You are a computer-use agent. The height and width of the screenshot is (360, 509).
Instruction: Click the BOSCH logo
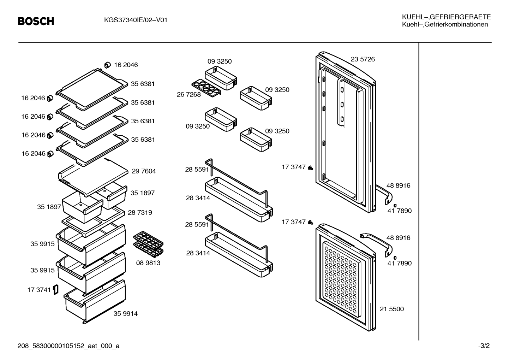[36, 21]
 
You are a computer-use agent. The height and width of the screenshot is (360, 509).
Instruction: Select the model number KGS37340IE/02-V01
[136, 20]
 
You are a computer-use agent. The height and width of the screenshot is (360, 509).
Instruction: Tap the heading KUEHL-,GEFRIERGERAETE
[446, 17]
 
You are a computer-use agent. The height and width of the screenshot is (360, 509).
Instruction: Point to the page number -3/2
[484, 346]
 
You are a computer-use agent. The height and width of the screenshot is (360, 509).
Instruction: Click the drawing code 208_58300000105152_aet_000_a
[68, 346]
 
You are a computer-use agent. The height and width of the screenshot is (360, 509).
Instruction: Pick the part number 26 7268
[189, 94]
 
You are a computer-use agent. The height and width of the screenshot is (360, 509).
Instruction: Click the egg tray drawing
[206, 88]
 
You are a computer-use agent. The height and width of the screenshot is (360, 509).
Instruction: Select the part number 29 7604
[144, 171]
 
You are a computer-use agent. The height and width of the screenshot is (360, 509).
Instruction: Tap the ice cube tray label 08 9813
[148, 262]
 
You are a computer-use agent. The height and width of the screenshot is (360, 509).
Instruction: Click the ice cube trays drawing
[148, 244]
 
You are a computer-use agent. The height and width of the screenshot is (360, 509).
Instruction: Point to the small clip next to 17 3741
[56, 290]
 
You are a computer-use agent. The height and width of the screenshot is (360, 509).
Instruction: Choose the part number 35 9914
[126, 314]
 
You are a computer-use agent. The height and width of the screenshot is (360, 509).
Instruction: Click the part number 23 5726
[363, 59]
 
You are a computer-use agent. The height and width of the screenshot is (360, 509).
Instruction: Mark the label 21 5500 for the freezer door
[392, 309]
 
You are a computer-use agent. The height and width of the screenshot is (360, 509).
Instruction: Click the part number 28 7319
[140, 212]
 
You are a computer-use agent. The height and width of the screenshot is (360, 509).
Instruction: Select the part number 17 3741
[39, 290]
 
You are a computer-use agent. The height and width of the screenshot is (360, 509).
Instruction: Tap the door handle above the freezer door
[377, 241]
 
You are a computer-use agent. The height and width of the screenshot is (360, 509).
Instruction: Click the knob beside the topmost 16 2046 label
[107, 65]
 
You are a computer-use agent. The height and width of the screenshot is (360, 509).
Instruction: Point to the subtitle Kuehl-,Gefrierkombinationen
[445, 24]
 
